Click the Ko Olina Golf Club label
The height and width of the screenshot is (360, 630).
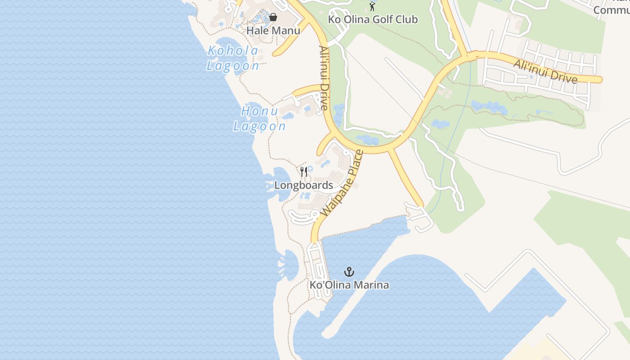[373, 19]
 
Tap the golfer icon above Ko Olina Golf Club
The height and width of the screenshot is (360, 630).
[372, 6]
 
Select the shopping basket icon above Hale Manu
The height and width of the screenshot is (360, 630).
[273, 18]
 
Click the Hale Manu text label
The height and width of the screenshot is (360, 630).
[273, 31]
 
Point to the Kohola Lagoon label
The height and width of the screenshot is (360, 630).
[233, 58]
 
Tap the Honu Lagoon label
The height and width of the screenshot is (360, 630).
[259, 118]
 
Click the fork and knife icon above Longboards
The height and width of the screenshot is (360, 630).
[304, 171]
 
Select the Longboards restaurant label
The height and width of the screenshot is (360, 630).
[304, 185]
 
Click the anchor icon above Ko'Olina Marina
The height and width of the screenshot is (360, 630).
[349, 272]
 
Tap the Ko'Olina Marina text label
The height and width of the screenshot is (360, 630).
[349, 285]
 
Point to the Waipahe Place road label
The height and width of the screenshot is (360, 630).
[342, 182]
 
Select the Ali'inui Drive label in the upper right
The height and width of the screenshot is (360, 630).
[545, 72]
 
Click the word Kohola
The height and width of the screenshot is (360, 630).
[233, 51]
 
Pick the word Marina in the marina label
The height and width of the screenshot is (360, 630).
[371, 285]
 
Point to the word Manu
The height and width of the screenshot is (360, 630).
[288, 31]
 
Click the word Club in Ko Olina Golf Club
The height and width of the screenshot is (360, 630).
[407, 19]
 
